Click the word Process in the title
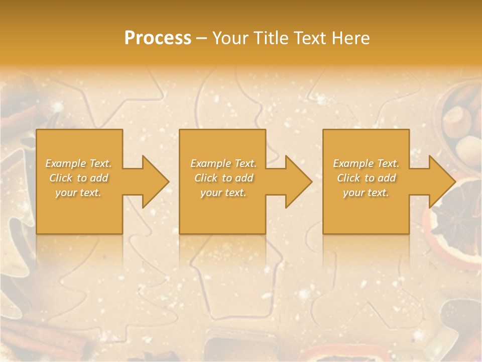pos(158,38)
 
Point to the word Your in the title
pos(230,38)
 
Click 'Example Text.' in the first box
pos(78,163)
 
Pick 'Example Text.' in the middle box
pos(223,163)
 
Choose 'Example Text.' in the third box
pos(366,163)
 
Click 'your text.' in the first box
pos(78,193)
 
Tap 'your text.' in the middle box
pos(223,193)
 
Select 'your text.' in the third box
pos(366,193)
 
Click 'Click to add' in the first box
pos(78,178)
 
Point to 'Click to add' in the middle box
pos(223,178)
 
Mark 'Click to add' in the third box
pos(366,178)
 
